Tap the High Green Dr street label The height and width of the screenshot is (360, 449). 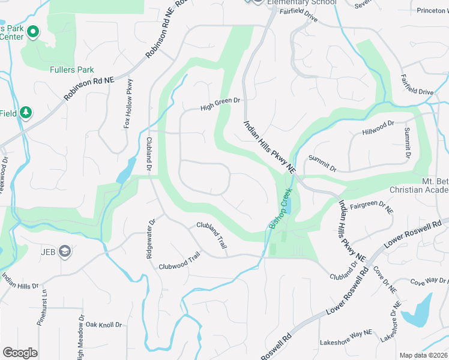pos(220,105)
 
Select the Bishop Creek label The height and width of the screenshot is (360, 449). pos(280,208)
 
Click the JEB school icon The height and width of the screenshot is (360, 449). pos(64,251)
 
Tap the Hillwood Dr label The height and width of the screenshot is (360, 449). pos(378,127)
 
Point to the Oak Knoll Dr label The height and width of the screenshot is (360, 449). pos(103,325)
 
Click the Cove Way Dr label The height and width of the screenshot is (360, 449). pos(429,281)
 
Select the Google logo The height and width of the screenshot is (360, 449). pos(20,353)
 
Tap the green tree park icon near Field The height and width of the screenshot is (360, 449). pos(26,112)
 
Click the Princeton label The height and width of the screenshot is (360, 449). pos(432,11)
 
